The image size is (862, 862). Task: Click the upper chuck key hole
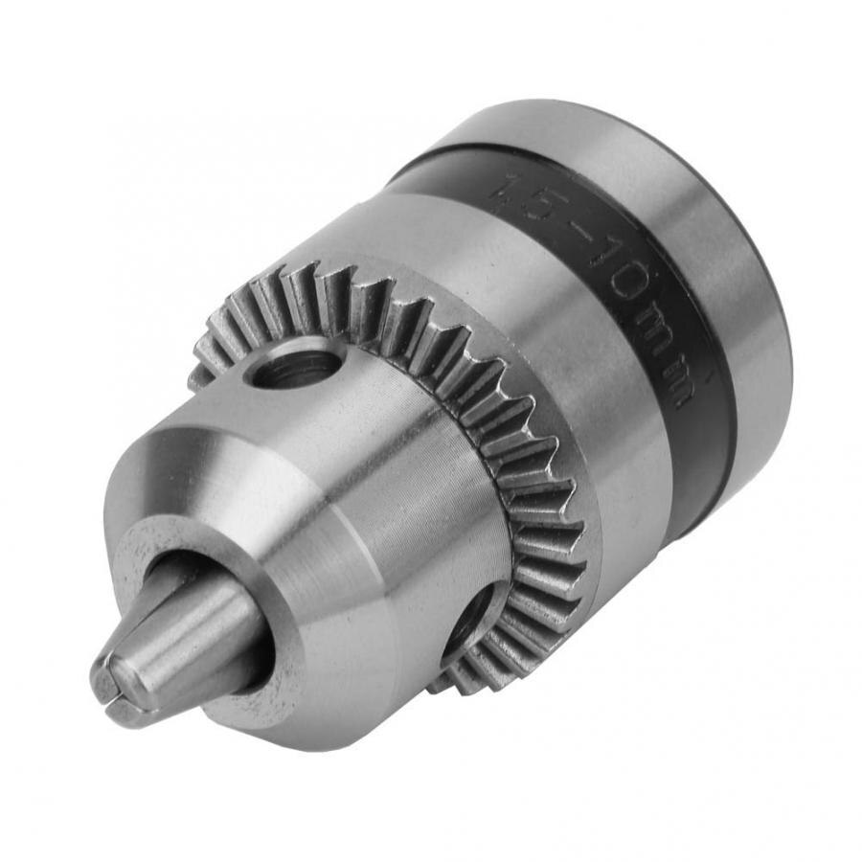(296, 366)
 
